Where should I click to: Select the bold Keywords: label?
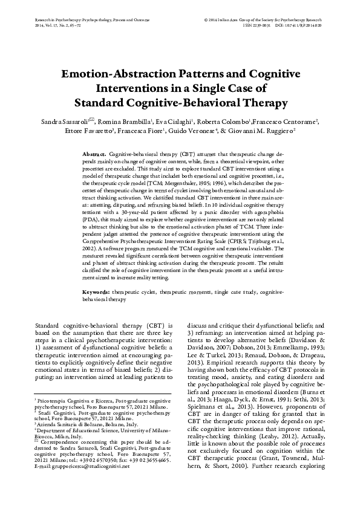(96, 293)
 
